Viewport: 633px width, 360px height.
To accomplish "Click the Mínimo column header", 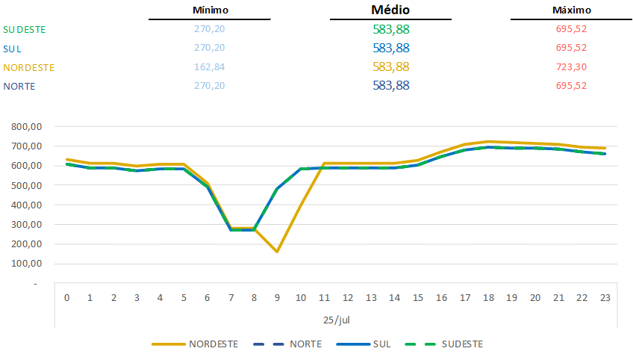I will tap(210, 10).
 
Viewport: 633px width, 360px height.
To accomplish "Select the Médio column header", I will tap(390, 10).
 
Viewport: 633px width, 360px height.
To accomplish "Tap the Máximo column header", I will tap(572, 10).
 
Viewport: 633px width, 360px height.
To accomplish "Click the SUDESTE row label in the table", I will tap(25, 29).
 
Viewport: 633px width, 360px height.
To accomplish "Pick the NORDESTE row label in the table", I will tap(29, 67).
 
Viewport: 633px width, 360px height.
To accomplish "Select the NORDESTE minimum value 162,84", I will tap(210, 67).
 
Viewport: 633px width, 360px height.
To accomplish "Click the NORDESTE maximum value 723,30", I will tap(572, 67).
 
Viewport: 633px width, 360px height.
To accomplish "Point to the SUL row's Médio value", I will tap(390, 48).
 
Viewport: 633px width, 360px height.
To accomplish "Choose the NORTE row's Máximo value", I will tap(572, 86).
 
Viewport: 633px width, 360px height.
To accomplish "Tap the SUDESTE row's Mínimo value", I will tap(210, 29).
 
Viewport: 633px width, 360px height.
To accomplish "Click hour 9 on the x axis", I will tap(277, 298).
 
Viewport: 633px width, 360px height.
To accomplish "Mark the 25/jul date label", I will tap(337, 319).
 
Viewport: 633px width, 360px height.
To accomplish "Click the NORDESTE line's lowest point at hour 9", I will tap(277, 252).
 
